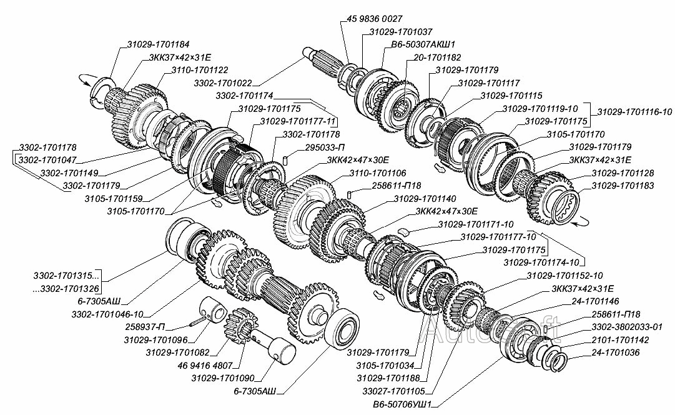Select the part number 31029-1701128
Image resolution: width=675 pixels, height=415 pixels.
tap(623, 172)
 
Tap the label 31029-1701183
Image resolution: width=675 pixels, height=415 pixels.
tap(623, 186)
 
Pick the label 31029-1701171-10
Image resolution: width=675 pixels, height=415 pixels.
tap(476, 224)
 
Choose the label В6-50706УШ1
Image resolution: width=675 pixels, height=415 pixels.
tap(402, 404)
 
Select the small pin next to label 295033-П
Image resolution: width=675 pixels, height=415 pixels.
tap(285, 161)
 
